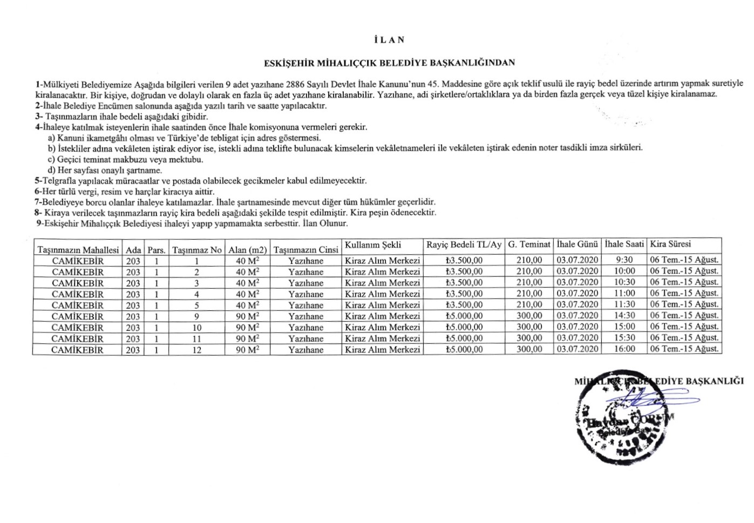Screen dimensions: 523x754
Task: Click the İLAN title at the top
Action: click(389, 40)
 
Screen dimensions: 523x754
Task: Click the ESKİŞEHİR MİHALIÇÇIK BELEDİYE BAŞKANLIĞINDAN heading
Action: click(389, 63)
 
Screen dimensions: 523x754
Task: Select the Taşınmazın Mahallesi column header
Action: click(78, 250)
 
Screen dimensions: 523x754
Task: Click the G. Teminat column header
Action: click(529, 244)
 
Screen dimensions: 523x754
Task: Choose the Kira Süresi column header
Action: click(670, 244)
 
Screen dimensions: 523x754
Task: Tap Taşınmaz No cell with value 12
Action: click(196, 350)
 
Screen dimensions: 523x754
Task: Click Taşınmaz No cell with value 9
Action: click(196, 316)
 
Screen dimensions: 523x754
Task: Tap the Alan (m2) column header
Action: click(247, 250)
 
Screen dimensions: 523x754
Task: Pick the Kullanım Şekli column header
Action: click(373, 244)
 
